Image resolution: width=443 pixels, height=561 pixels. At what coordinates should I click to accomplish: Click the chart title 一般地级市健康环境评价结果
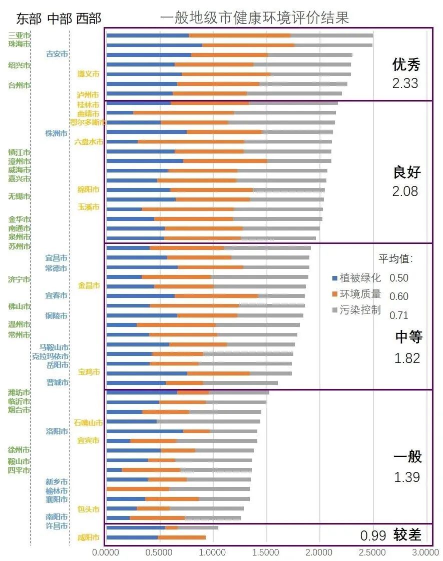[x=254, y=18]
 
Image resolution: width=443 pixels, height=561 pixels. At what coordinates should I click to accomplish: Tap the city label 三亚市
[x=20, y=35]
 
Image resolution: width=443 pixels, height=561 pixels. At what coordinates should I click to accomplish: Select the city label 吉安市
[x=57, y=53]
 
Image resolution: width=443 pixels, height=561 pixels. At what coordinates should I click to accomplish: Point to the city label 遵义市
[x=88, y=73]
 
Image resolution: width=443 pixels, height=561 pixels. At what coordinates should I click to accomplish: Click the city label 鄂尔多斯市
[x=88, y=122]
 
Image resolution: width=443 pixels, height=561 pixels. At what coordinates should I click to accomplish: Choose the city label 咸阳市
[x=88, y=537]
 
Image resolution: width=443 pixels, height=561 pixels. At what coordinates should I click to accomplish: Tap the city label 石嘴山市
[x=88, y=423]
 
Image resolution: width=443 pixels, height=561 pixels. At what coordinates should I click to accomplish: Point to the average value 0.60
[x=399, y=296]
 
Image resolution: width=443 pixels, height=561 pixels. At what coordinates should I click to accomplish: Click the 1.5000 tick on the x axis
[x=266, y=552]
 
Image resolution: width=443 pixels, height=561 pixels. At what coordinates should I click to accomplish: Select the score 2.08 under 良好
[x=405, y=191]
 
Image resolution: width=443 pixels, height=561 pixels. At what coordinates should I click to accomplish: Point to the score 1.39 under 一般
[x=406, y=477]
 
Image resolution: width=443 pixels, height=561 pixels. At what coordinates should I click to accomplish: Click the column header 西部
[x=89, y=18]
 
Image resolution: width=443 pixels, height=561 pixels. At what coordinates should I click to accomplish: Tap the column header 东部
[x=29, y=18]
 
